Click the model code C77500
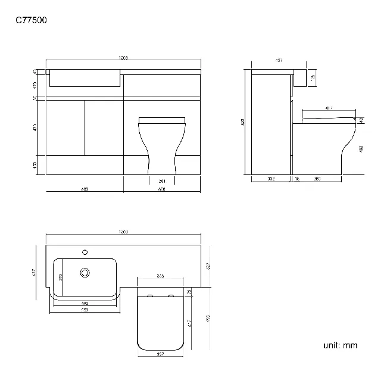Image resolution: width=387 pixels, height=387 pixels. tap(31, 20)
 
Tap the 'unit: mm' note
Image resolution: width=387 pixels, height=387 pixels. tap(341, 345)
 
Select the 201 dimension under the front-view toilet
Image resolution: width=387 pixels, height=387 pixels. tap(161, 181)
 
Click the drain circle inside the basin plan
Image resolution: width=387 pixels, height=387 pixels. tap(85, 273)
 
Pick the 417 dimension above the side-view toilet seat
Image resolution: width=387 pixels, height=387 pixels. tap(329, 108)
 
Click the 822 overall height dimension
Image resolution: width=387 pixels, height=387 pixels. tap(244, 121)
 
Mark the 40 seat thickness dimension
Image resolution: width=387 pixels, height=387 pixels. tap(361, 121)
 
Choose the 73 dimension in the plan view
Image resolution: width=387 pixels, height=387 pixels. tap(189, 292)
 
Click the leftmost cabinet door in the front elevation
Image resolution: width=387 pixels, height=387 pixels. tap(65, 127)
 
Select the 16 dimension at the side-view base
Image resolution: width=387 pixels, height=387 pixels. tap(296, 178)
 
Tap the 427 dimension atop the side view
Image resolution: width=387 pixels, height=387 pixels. tap(279, 60)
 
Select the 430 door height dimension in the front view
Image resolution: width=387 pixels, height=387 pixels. tap(35, 127)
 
